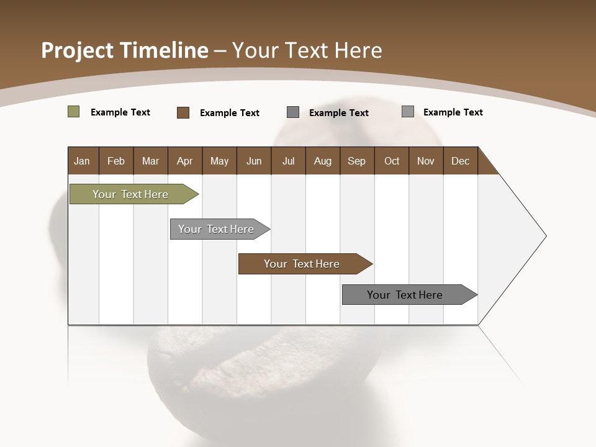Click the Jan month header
click(x=83, y=161)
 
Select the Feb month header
click(x=116, y=161)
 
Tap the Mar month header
click(x=150, y=161)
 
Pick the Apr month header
click(x=185, y=161)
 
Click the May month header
click(x=219, y=161)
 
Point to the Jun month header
click(x=254, y=161)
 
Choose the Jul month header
click(x=288, y=161)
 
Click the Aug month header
click(x=323, y=161)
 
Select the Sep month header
click(x=357, y=161)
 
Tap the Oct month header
click(x=392, y=161)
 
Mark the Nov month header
click(x=426, y=161)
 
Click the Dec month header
click(x=461, y=161)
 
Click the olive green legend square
click(x=73, y=112)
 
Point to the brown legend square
click(x=183, y=112)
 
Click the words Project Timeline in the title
click(x=125, y=50)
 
